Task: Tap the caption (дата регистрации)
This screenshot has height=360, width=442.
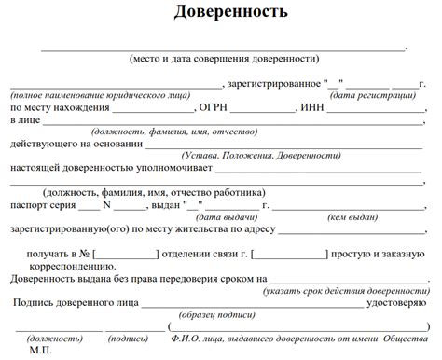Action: pyautogui.click(x=372, y=95)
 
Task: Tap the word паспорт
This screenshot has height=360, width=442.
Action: pyautogui.click(x=31, y=204)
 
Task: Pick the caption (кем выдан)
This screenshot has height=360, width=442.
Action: pyautogui.click(x=351, y=216)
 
